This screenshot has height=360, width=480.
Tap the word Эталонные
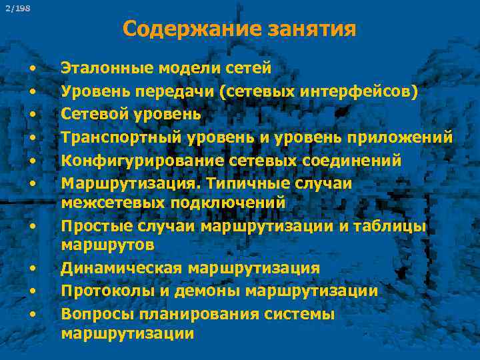pyautogui.click(x=99, y=67)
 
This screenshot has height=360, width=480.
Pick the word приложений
pyautogui.click(x=407, y=137)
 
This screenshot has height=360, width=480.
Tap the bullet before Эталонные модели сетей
pyautogui.click(x=31, y=69)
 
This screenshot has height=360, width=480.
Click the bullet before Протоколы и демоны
pyautogui.click(x=31, y=292)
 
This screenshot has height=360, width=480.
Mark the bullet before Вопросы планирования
pyautogui.click(x=31, y=314)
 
